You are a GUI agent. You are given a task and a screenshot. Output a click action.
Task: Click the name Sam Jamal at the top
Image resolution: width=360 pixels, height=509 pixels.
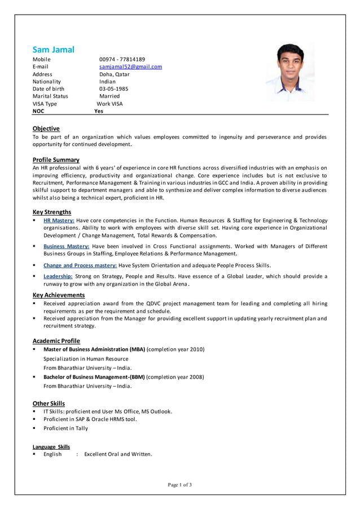(x=53, y=50)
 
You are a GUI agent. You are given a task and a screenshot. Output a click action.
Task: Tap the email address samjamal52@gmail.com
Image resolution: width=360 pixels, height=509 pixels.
(x=130, y=67)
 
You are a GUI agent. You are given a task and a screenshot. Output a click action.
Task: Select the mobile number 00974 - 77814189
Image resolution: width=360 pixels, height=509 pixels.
(x=122, y=59)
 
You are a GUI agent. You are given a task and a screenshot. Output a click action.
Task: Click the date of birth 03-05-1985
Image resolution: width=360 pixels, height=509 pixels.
(x=113, y=89)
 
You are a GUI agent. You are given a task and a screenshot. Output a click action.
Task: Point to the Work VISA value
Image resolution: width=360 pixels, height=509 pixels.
(x=109, y=104)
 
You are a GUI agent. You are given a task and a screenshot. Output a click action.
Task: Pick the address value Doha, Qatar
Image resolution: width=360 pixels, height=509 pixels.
(x=114, y=74)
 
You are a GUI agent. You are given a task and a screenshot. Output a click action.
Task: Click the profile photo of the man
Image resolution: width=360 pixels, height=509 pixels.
(x=290, y=72)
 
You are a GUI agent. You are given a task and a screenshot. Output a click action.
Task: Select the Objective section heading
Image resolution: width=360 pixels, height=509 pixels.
(x=46, y=129)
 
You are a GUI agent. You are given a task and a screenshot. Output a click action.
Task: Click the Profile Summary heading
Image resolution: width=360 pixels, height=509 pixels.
(x=56, y=160)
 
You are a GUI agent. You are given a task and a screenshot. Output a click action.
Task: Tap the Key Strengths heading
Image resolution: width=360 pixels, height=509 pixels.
(x=52, y=212)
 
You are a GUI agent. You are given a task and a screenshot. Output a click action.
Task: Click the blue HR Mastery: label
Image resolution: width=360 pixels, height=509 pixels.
(x=59, y=220)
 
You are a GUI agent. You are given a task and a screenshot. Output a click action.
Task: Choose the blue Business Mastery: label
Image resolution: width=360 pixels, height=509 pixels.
(x=66, y=246)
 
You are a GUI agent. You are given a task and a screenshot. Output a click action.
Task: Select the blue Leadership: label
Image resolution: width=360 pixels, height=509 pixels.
(x=58, y=276)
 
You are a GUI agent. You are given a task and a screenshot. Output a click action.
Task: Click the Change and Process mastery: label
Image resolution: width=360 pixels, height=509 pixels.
(x=80, y=265)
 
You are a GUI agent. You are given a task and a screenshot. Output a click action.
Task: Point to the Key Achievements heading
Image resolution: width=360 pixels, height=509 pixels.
(x=59, y=295)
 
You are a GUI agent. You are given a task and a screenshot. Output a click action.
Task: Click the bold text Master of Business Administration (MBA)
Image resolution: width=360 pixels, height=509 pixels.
(x=94, y=349)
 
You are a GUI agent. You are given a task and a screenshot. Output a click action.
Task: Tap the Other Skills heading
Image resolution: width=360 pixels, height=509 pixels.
(x=49, y=403)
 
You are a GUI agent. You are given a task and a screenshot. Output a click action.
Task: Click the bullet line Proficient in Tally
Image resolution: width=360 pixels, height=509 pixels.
(x=65, y=428)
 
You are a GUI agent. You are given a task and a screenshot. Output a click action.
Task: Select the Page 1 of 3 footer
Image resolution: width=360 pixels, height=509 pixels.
(x=179, y=485)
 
